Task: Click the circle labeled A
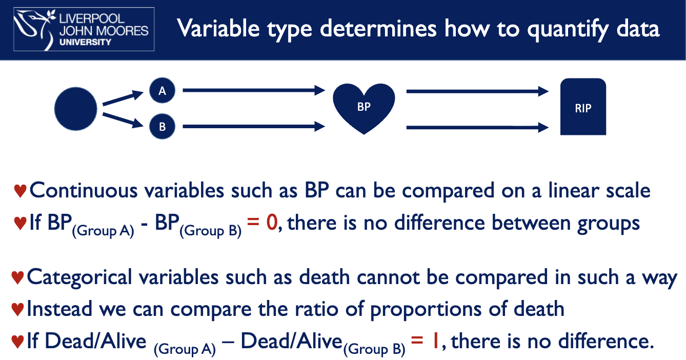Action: pos(162,91)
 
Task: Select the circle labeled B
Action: pos(162,127)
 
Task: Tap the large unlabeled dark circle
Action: pos(76,109)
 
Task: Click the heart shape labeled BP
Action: pos(364,108)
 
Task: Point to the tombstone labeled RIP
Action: pos(583,108)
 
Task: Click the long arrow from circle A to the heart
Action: pos(254,91)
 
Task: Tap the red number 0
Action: pos(271,223)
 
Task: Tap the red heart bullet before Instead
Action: pos(18,310)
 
